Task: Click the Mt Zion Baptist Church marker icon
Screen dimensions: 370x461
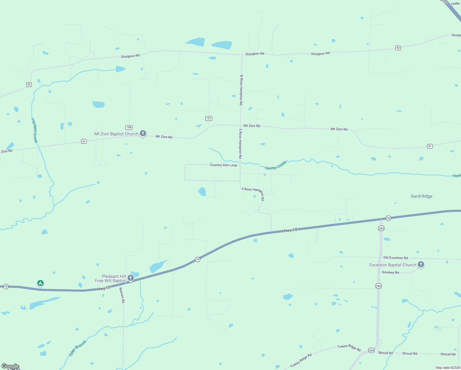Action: pos(143,134)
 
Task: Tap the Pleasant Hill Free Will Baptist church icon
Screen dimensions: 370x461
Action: pos(131,278)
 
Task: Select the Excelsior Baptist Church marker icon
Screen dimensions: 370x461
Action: pos(421,265)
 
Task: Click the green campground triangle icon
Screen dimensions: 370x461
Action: pos(40,283)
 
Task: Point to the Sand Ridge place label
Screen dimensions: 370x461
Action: pos(421,196)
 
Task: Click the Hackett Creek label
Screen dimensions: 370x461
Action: pos(35,131)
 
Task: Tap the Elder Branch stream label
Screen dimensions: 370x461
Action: pos(77,348)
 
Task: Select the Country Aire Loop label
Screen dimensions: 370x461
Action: pos(223,165)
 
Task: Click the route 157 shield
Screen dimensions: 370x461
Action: pos(209,118)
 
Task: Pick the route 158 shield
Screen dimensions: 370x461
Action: pos(129,127)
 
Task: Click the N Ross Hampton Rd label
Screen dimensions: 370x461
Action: pos(241,90)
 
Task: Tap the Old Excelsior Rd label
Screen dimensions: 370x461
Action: pos(395,258)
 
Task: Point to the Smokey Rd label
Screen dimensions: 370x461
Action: pos(390,273)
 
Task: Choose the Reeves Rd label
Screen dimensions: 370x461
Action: pos(122,295)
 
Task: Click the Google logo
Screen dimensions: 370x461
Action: pos(10,366)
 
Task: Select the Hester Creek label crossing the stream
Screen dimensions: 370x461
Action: pos(275,166)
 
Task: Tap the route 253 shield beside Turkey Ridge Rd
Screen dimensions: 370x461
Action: pos(371,351)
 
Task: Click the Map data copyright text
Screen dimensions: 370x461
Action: pos(448,368)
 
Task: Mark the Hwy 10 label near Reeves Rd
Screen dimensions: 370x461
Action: pos(104,288)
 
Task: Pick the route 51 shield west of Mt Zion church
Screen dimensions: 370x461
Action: pos(84,141)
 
